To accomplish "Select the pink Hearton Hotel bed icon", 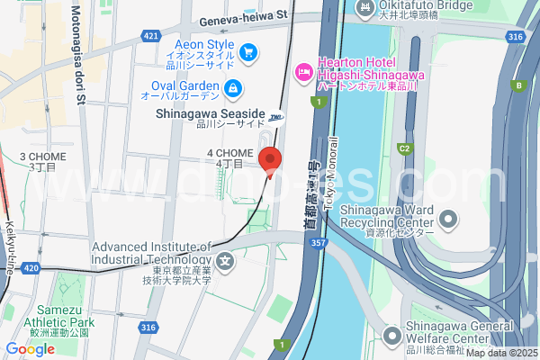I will (304, 70).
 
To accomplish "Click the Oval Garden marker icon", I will (232, 87).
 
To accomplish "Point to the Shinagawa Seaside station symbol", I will (275, 116).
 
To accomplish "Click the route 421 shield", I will (150, 36).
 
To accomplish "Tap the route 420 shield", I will (30, 268).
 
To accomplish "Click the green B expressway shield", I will (518, 85).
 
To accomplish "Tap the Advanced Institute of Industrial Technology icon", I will (224, 263).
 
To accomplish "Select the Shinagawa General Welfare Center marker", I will (391, 337).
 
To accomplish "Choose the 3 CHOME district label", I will (41, 161).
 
